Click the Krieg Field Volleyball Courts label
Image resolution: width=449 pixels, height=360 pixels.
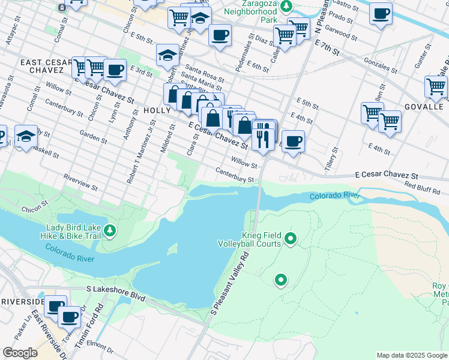coord(253,239)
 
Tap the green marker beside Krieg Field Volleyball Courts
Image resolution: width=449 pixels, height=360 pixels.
coord(291,239)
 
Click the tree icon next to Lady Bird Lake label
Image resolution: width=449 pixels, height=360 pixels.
coord(109,230)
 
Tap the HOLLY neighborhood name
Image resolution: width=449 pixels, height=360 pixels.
coord(157,110)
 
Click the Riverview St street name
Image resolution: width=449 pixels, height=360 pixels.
coord(80,182)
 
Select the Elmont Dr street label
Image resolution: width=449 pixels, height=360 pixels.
coord(99,344)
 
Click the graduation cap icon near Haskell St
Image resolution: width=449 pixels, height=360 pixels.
coord(26,137)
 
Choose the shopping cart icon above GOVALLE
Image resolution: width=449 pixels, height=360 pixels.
coord(436,86)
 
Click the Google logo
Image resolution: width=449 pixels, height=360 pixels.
coord(20,353)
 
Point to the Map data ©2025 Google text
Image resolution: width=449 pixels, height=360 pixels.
coord(411,355)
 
